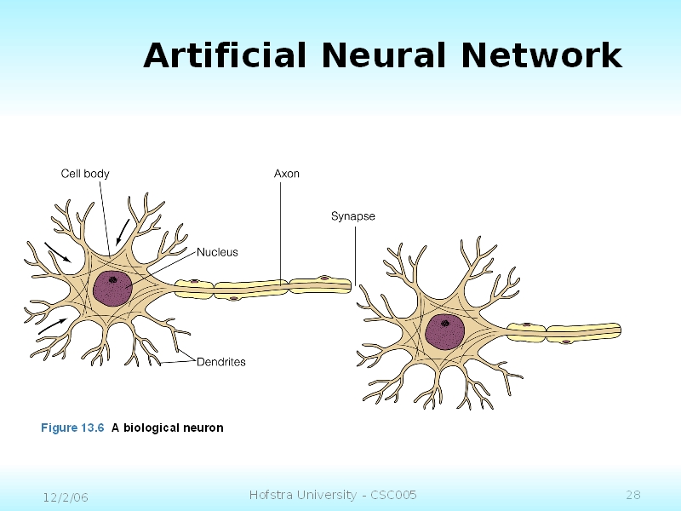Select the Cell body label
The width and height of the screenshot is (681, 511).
coord(85,174)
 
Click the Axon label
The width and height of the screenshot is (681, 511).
coord(286,174)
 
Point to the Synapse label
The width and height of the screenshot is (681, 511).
coord(352,216)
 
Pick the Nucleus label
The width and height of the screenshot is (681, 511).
coord(217,252)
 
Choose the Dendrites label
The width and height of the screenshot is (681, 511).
coord(220,362)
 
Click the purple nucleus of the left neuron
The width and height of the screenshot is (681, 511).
coord(112,288)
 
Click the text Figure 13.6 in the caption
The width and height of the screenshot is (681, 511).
coord(72,428)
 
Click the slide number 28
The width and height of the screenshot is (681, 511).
coord(632,495)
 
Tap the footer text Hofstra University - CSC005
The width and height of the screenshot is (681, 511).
coord(333,495)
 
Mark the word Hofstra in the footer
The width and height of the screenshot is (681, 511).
coord(270,495)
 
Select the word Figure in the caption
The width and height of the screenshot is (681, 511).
coord(59,428)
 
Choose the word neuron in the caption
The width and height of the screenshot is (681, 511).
coord(205,428)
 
